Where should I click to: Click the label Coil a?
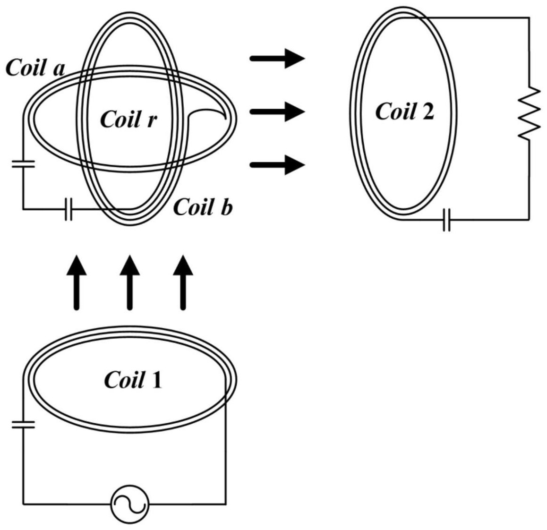pyautogui.click(x=35, y=68)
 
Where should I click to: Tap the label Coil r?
pyautogui.click(x=128, y=119)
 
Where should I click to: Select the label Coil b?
pyautogui.click(x=203, y=207)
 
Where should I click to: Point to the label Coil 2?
pyautogui.click(x=404, y=111)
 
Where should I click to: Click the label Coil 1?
pyautogui.click(x=133, y=379)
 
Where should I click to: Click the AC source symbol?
pyautogui.click(x=129, y=504)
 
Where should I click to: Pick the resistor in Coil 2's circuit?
pyautogui.click(x=529, y=112)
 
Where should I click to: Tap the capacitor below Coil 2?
pyautogui.click(x=446, y=220)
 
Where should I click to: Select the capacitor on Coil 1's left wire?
pyautogui.click(x=23, y=424)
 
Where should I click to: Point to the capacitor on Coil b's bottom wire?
pyautogui.click(x=68, y=209)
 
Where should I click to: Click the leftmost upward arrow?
pyautogui.click(x=77, y=282)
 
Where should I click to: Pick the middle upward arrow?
pyautogui.click(x=130, y=282)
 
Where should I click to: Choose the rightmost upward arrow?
pyautogui.click(x=183, y=282)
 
